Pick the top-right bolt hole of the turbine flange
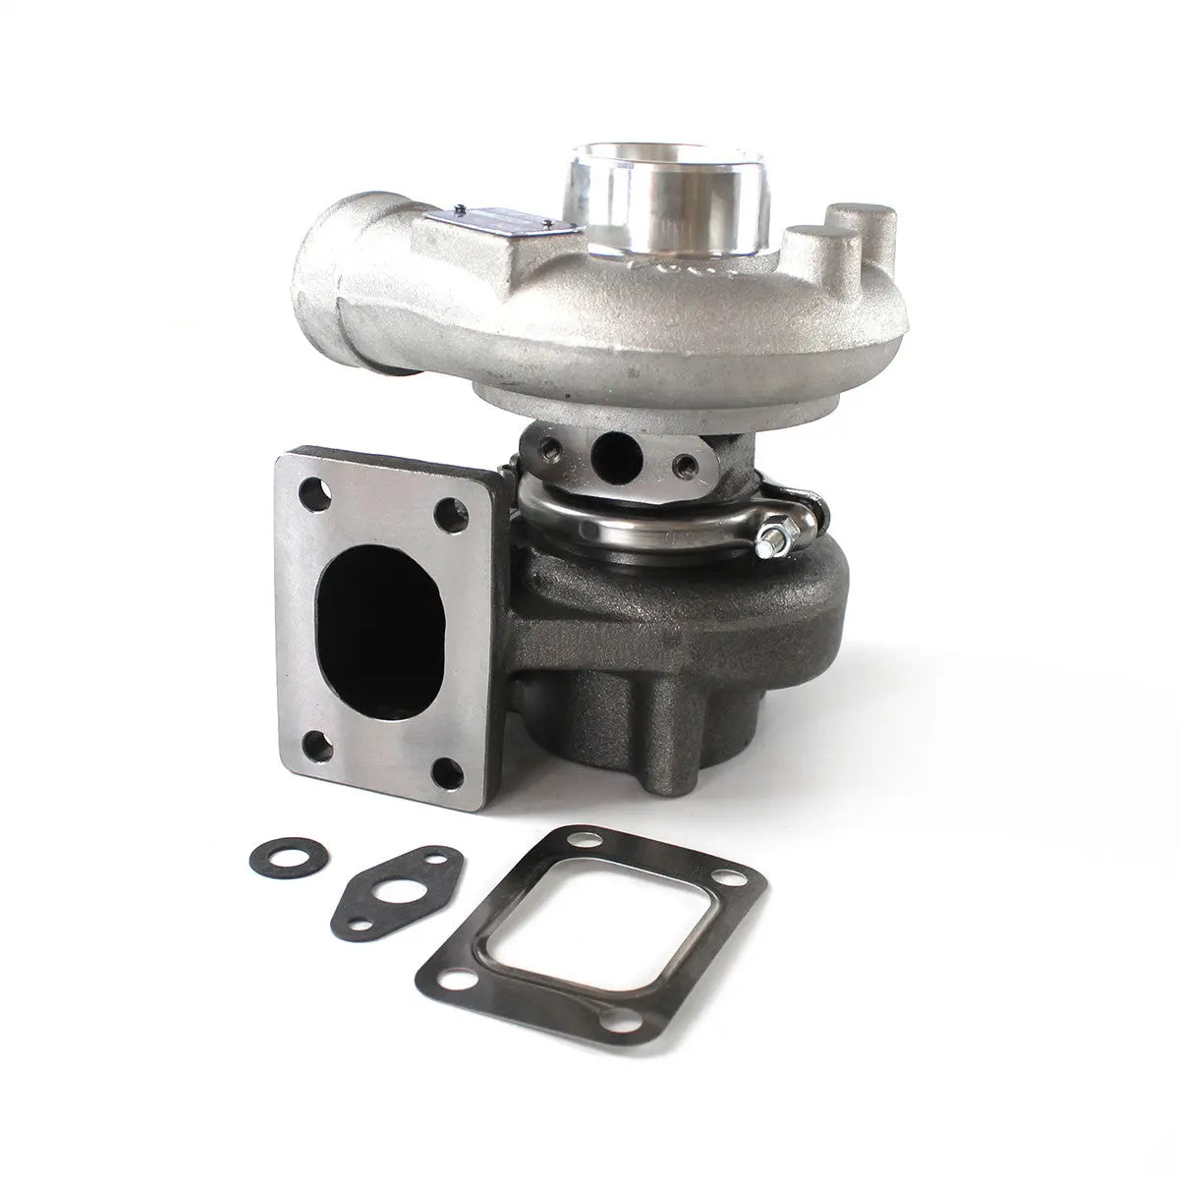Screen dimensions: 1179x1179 (451, 510)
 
